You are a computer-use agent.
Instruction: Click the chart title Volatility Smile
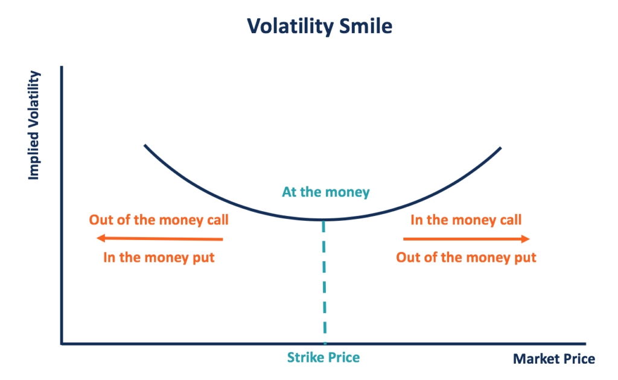[320, 26]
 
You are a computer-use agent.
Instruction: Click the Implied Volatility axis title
[34, 125]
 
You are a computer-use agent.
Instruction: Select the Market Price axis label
[553, 359]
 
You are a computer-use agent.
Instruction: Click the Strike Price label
[324, 358]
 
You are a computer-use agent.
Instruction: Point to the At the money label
[325, 192]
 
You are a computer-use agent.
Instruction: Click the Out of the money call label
[159, 220]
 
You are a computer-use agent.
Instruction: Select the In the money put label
[159, 258]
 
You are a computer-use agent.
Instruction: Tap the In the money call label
[466, 220]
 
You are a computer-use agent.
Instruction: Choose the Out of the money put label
[466, 258]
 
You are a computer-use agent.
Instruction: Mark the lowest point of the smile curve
[323, 219]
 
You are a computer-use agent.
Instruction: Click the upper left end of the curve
[145, 145]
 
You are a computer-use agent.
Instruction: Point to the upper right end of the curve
[500, 148]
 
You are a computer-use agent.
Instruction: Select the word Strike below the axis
[305, 358]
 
